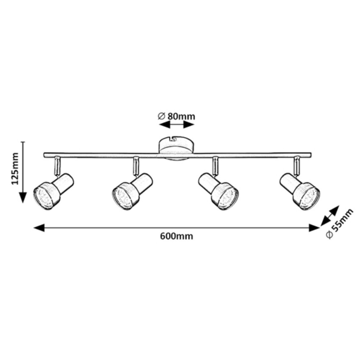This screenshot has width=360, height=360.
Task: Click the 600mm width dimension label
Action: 176,236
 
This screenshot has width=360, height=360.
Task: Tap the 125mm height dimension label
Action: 15,170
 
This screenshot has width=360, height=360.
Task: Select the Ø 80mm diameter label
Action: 176,117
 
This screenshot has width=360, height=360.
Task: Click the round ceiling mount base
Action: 176,148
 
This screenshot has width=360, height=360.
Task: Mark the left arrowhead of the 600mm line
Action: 38,227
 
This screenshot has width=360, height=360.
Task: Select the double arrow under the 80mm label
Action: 176,124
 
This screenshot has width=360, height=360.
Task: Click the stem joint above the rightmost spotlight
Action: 296,165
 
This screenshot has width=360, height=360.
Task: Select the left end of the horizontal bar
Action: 45,155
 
